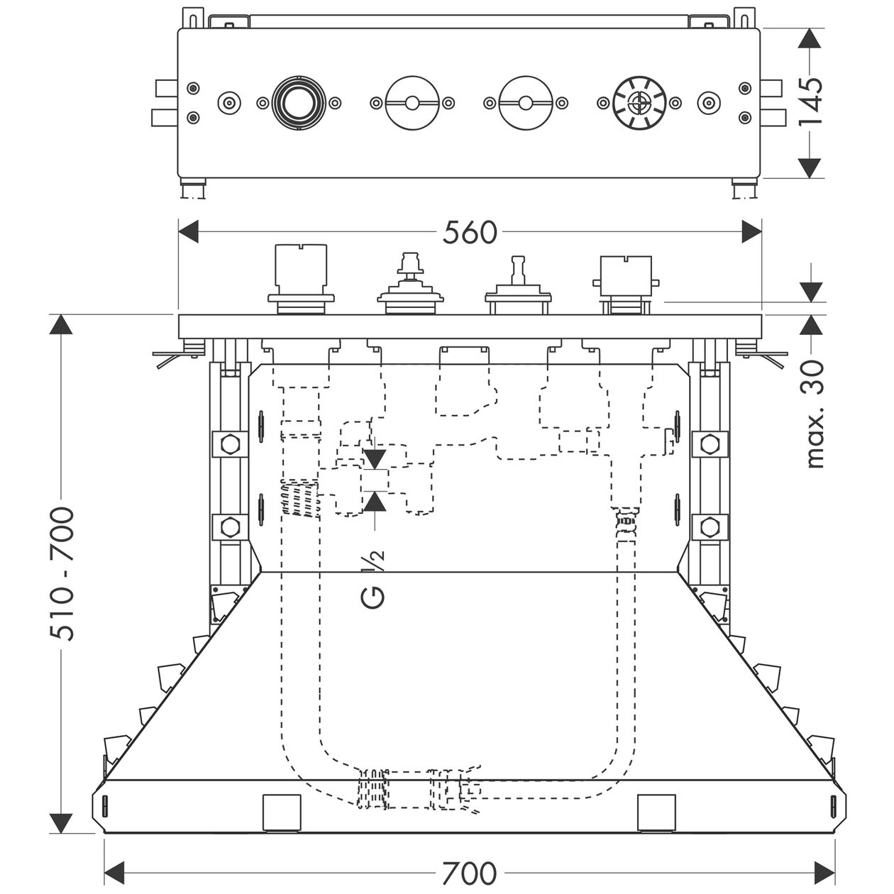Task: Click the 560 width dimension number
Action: [470, 233]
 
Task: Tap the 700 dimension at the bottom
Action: [469, 873]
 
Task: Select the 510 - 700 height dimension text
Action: [62, 575]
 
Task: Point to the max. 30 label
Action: [815, 414]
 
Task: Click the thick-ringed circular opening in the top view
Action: [299, 103]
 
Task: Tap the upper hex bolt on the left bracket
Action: [230, 444]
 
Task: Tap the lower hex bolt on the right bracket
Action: [710, 526]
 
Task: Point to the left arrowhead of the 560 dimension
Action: [188, 231]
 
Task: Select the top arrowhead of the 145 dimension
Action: [810, 38]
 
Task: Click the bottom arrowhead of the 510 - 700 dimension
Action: [61, 823]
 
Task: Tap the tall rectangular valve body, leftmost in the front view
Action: [301, 280]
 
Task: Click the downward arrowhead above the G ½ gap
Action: [375, 459]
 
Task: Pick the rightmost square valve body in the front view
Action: [626, 284]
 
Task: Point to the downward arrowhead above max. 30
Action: [810, 292]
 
